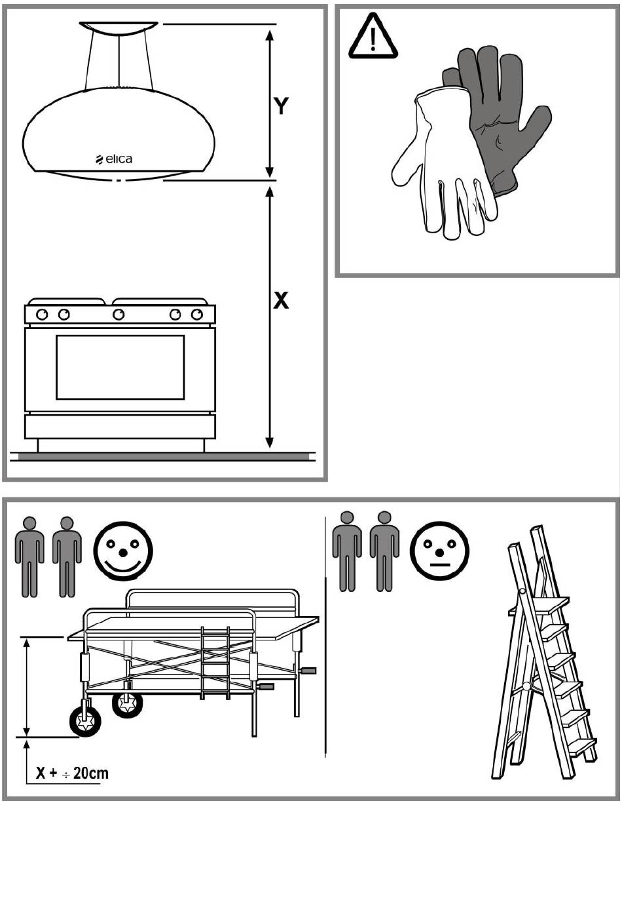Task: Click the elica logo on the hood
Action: (114, 159)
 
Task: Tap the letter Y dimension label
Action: (281, 106)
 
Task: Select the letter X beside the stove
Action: (280, 300)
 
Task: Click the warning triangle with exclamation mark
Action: (373, 39)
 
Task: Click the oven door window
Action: (120, 367)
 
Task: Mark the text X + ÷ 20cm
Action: (72, 773)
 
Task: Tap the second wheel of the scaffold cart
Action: (127, 704)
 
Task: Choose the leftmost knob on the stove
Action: (42, 315)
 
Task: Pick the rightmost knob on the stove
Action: (197, 315)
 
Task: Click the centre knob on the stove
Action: (119, 315)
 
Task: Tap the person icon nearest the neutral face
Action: (384, 551)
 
